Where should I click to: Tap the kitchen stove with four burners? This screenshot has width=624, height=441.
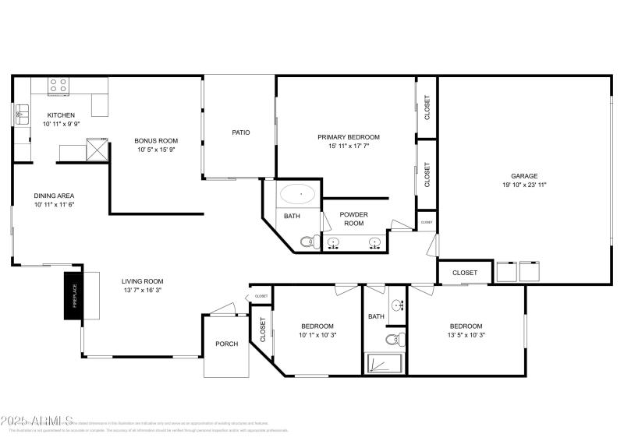pos(58,85)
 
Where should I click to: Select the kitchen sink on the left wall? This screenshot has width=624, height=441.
pos(19,116)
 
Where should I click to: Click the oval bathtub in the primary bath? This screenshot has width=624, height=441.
pos(298,193)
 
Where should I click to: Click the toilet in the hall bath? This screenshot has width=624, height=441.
pos(397,338)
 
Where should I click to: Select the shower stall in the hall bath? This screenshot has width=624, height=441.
pos(384,364)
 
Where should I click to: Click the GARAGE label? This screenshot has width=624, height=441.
pos(524,176)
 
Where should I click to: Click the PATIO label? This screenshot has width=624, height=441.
pos(241,132)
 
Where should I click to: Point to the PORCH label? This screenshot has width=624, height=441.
pos(226,344)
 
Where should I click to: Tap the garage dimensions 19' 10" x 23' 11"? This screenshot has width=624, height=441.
pos(524,185)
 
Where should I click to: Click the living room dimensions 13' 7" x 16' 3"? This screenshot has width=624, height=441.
pos(142,290)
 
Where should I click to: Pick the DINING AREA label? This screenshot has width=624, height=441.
pos(54,196)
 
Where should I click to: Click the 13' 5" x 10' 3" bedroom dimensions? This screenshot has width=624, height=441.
pos(466,335)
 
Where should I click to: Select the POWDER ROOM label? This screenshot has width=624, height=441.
pos(355,219)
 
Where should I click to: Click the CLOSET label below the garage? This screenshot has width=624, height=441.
pos(465,273)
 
